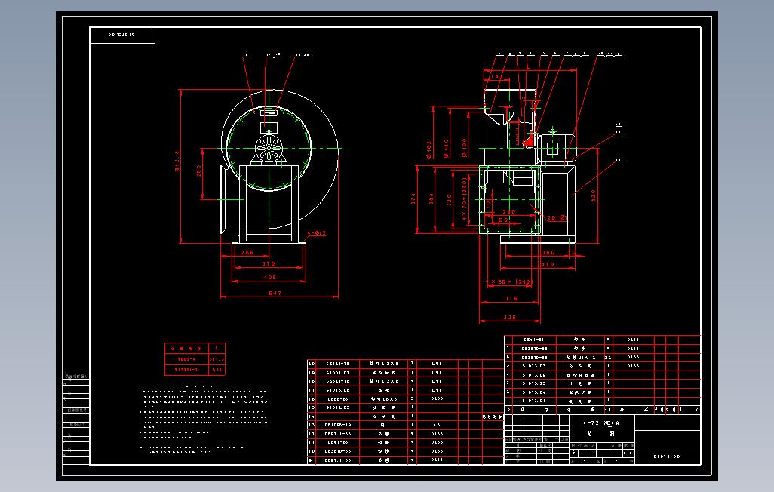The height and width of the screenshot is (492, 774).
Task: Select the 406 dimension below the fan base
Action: [x=269, y=278]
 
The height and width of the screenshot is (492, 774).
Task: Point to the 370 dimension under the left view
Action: [x=269, y=264]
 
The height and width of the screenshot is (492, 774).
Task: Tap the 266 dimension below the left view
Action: [x=247, y=253]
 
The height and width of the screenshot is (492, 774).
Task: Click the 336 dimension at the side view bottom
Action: [x=510, y=318]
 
